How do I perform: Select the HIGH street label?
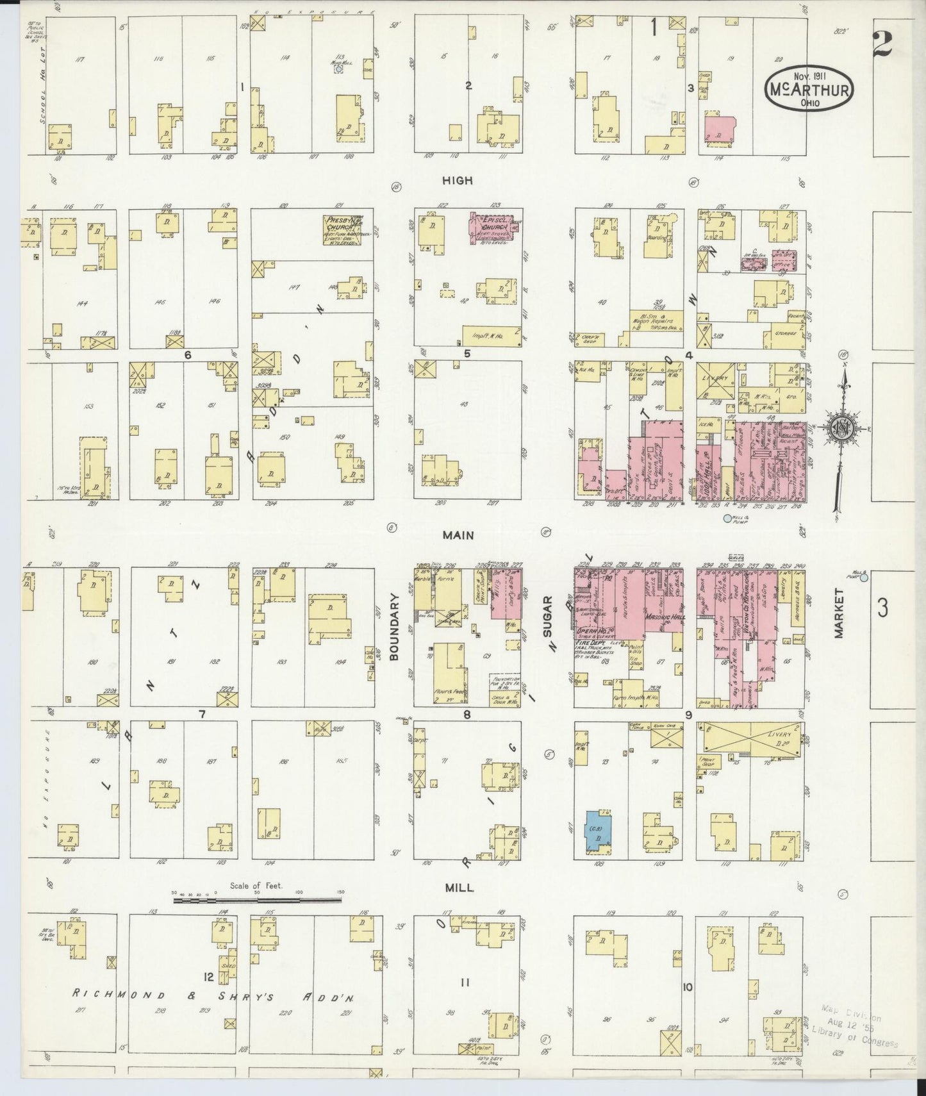click(x=458, y=181)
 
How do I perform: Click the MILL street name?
click(x=459, y=888)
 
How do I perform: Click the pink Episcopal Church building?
click(x=494, y=226)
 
